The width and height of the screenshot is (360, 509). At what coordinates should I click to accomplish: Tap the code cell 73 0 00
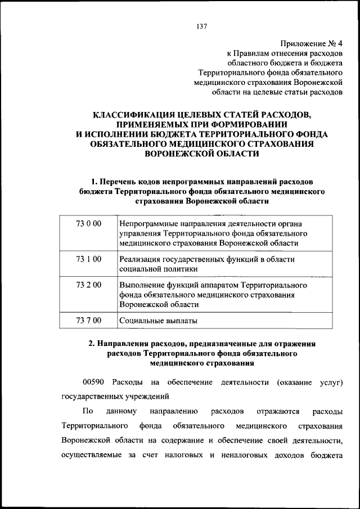click(88, 224)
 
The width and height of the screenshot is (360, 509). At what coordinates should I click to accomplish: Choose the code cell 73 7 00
click(88, 321)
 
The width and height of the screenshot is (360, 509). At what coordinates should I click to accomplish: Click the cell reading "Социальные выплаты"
click(159, 321)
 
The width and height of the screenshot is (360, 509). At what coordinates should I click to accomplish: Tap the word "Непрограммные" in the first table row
click(147, 224)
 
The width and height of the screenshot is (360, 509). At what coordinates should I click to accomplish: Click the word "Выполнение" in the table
click(141, 285)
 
